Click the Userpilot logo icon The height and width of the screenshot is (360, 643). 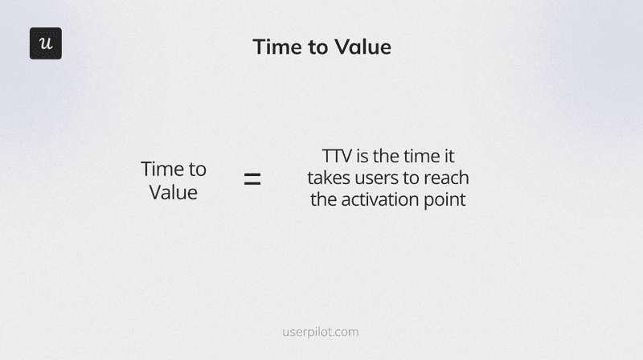(46, 43)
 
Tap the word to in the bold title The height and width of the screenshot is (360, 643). (316, 47)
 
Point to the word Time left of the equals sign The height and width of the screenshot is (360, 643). (161, 170)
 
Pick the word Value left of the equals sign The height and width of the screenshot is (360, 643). (174, 193)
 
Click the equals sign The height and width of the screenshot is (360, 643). (252, 179)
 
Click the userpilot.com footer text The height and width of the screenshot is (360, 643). (321, 331)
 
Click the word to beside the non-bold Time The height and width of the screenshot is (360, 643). (196, 170)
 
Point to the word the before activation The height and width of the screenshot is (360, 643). (324, 199)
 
